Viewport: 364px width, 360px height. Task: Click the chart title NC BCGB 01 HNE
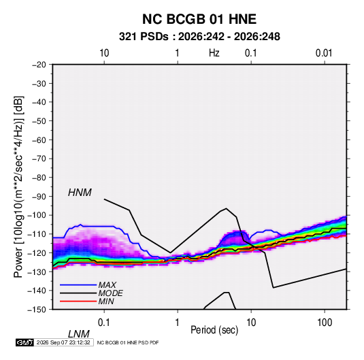pyautogui.click(x=199, y=19)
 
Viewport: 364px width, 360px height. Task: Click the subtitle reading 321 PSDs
pyautogui.click(x=144, y=37)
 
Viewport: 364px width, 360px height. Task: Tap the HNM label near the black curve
pyautogui.click(x=80, y=193)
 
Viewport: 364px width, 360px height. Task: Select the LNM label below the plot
pyautogui.click(x=79, y=334)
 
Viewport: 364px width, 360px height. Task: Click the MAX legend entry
pyautogui.click(x=107, y=285)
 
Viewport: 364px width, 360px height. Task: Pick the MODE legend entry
pyautogui.click(x=110, y=293)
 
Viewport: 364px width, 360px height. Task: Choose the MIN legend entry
pyautogui.click(x=106, y=301)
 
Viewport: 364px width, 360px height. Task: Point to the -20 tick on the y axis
pyautogui.click(x=39, y=65)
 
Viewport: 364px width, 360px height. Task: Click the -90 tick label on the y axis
pyautogui.click(x=39, y=197)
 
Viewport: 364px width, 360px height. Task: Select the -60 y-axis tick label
pyautogui.click(x=39, y=140)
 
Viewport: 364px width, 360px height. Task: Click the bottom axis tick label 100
pyautogui.click(x=325, y=323)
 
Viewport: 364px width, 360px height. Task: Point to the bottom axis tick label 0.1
pyautogui.click(x=104, y=323)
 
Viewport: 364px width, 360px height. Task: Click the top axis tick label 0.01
pyautogui.click(x=324, y=53)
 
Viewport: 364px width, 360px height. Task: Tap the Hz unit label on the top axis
pyautogui.click(x=214, y=53)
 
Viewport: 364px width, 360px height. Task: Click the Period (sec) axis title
pyautogui.click(x=214, y=330)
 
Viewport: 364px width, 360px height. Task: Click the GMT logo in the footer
pyautogui.click(x=25, y=342)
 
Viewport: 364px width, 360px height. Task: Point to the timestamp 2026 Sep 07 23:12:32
pyautogui.click(x=63, y=342)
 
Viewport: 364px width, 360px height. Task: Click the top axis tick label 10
pyautogui.click(x=104, y=53)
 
